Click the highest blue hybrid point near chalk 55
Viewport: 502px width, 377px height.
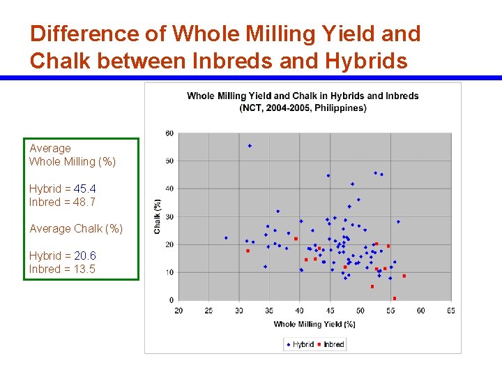tap(250, 146)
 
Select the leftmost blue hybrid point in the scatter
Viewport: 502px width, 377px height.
tap(226, 237)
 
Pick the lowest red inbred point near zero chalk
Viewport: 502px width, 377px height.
tap(395, 298)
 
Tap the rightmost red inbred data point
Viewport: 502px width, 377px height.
tap(404, 276)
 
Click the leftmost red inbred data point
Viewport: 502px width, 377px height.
tap(248, 251)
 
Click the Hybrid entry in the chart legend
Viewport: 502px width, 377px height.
tap(300, 344)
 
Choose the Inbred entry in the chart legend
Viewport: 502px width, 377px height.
tap(330, 344)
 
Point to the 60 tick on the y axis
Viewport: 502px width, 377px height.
tap(169, 133)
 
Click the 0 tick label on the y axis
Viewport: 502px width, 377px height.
tap(172, 300)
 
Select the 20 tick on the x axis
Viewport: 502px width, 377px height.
tap(178, 311)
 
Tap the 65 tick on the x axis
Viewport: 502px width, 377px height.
tap(450, 311)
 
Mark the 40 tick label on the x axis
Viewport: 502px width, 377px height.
tap(299, 311)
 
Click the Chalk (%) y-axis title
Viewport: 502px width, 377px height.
tap(158, 216)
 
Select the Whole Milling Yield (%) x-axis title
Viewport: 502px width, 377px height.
tap(314, 324)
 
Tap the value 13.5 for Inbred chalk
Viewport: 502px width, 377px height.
tap(84, 269)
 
